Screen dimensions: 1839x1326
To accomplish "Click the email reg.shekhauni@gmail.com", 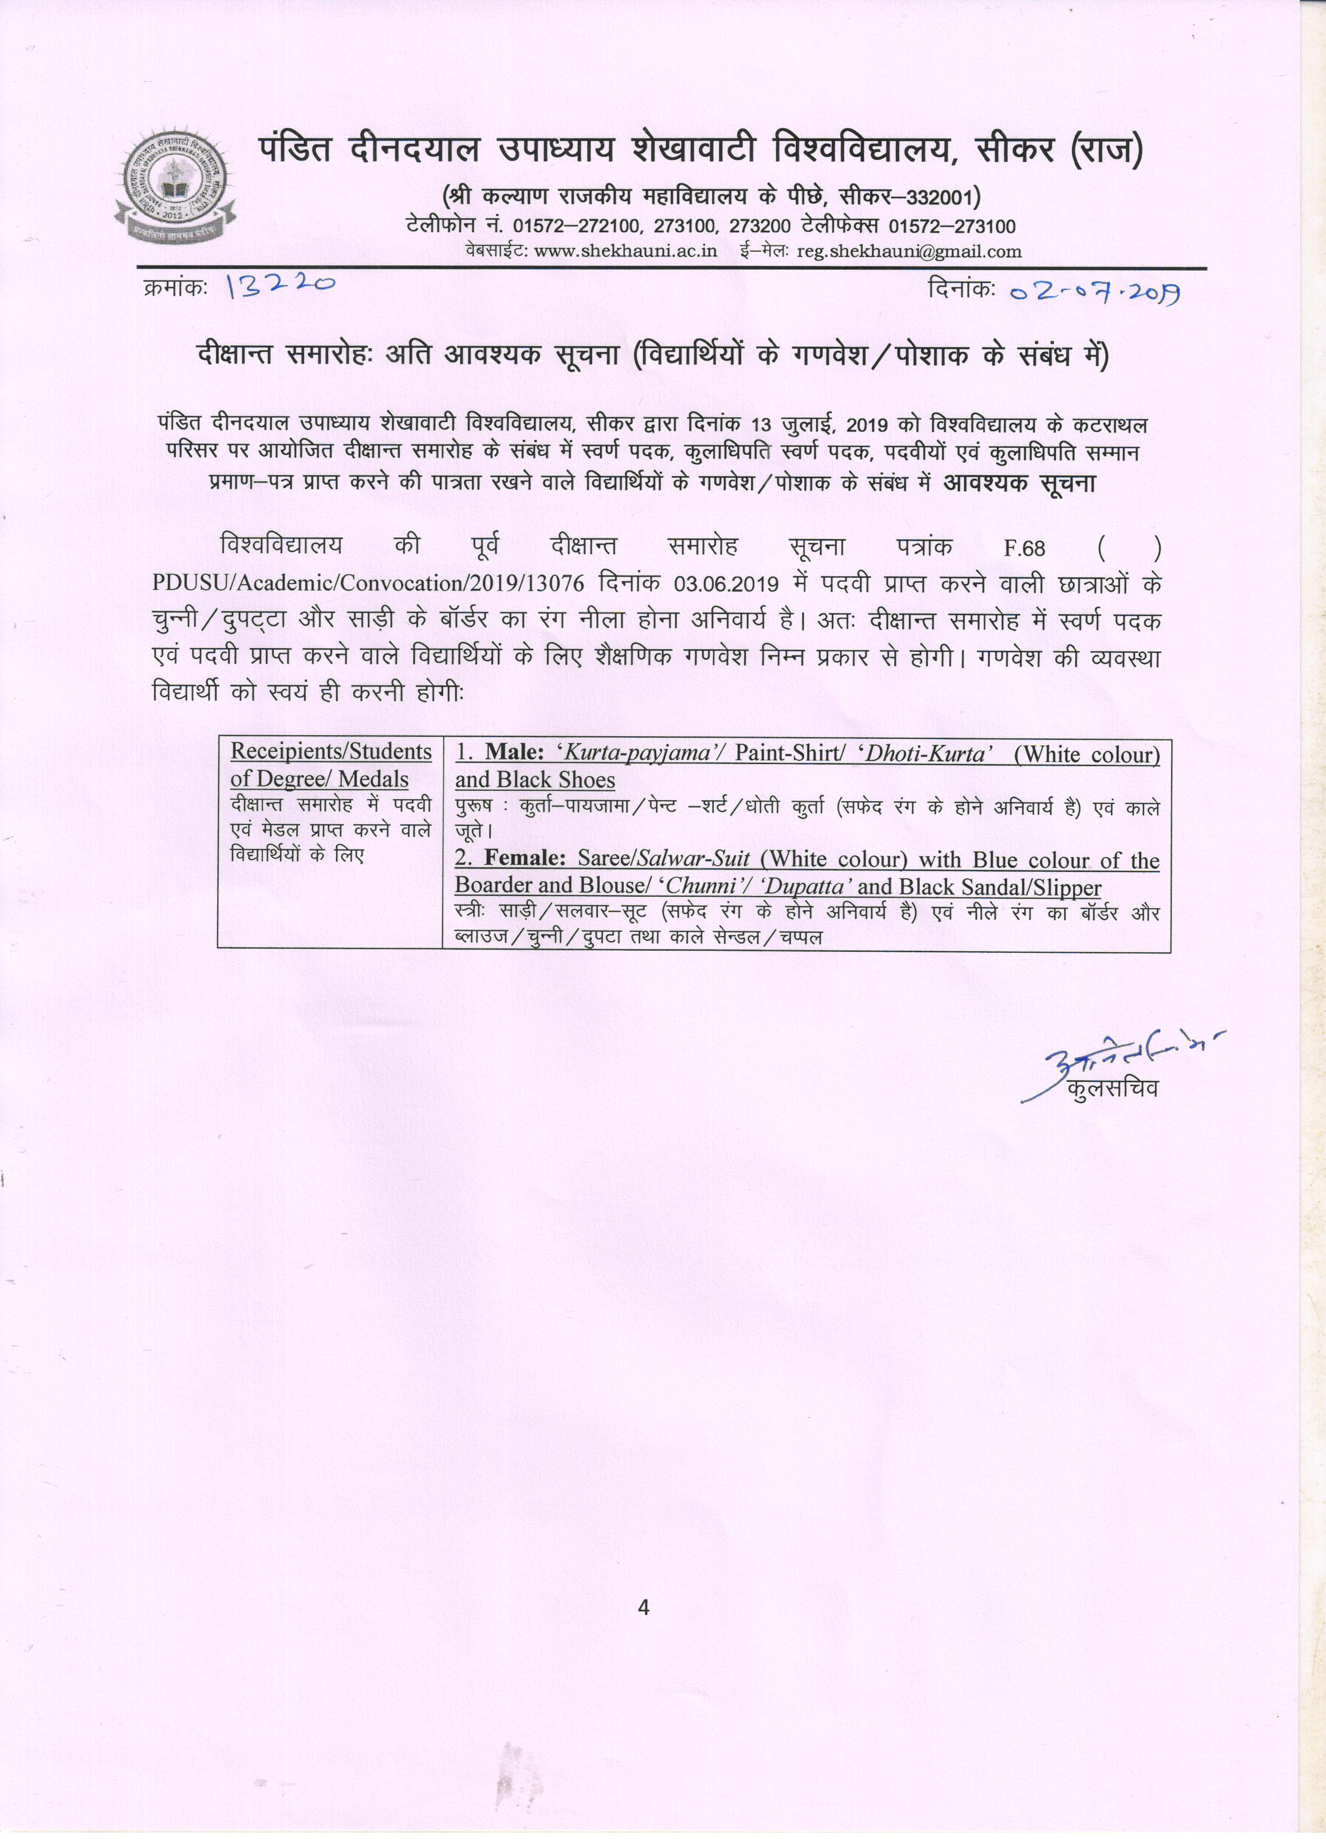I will (909, 251).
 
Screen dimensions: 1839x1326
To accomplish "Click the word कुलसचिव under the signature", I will (1113, 1088).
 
